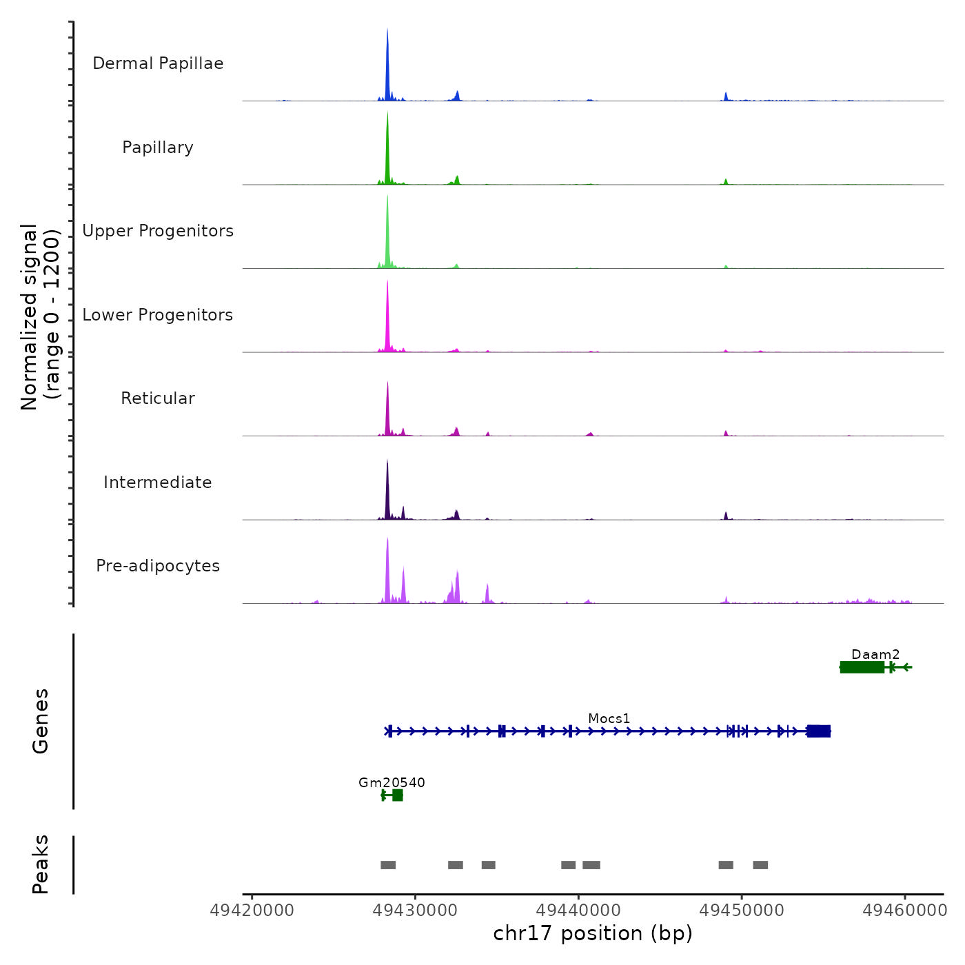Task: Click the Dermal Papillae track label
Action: tap(158, 63)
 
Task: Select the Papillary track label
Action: tap(158, 148)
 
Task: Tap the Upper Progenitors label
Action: tap(158, 231)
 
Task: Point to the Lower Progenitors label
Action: tap(158, 315)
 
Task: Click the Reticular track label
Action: tap(158, 398)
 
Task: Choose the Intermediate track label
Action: tap(158, 482)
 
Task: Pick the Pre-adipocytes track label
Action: tap(158, 566)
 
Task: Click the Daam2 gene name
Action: tap(875, 654)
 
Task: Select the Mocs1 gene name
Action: tap(609, 718)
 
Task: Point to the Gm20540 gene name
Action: tap(392, 782)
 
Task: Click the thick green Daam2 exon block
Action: tap(862, 667)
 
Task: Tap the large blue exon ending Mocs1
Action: tap(819, 731)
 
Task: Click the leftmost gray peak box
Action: tap(388, 865)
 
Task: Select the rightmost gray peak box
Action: tap(760, 865)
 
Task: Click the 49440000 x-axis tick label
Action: tap(579, 911)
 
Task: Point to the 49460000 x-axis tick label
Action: tap(905, 911)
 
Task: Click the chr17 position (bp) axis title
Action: tap(593, 934)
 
